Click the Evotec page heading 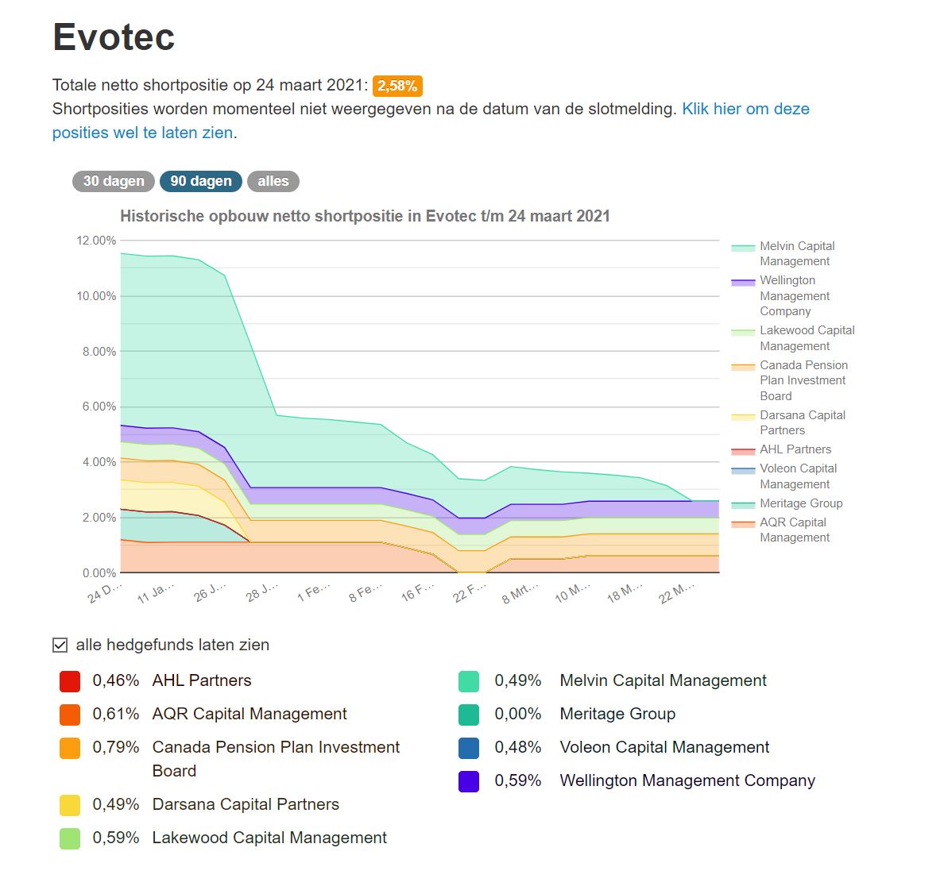click(114, 37)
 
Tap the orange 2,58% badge click(397, 86)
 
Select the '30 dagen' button click(114, 181)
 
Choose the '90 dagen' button click(201, 181)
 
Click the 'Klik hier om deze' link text click(745, 109)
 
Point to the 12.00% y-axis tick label click(96, 241)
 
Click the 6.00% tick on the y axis click(99, 407)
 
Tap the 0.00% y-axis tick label click(99, 572)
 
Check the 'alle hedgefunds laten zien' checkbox click(60, 645)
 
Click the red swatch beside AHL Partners click(70, 681)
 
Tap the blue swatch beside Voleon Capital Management click(469, 748)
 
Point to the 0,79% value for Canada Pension click(116, 747)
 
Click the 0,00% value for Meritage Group click(518, 714)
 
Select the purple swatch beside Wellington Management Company click(469, 781)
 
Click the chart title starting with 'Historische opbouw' click(365, 216)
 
